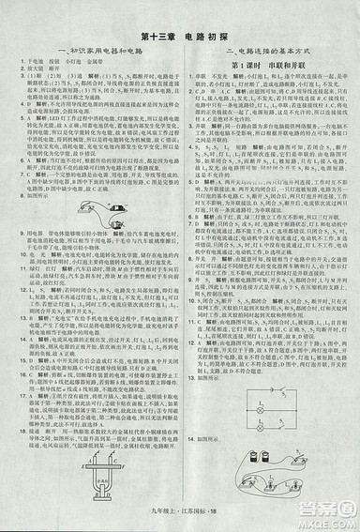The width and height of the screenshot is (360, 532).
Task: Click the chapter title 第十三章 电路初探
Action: [180, 38]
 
